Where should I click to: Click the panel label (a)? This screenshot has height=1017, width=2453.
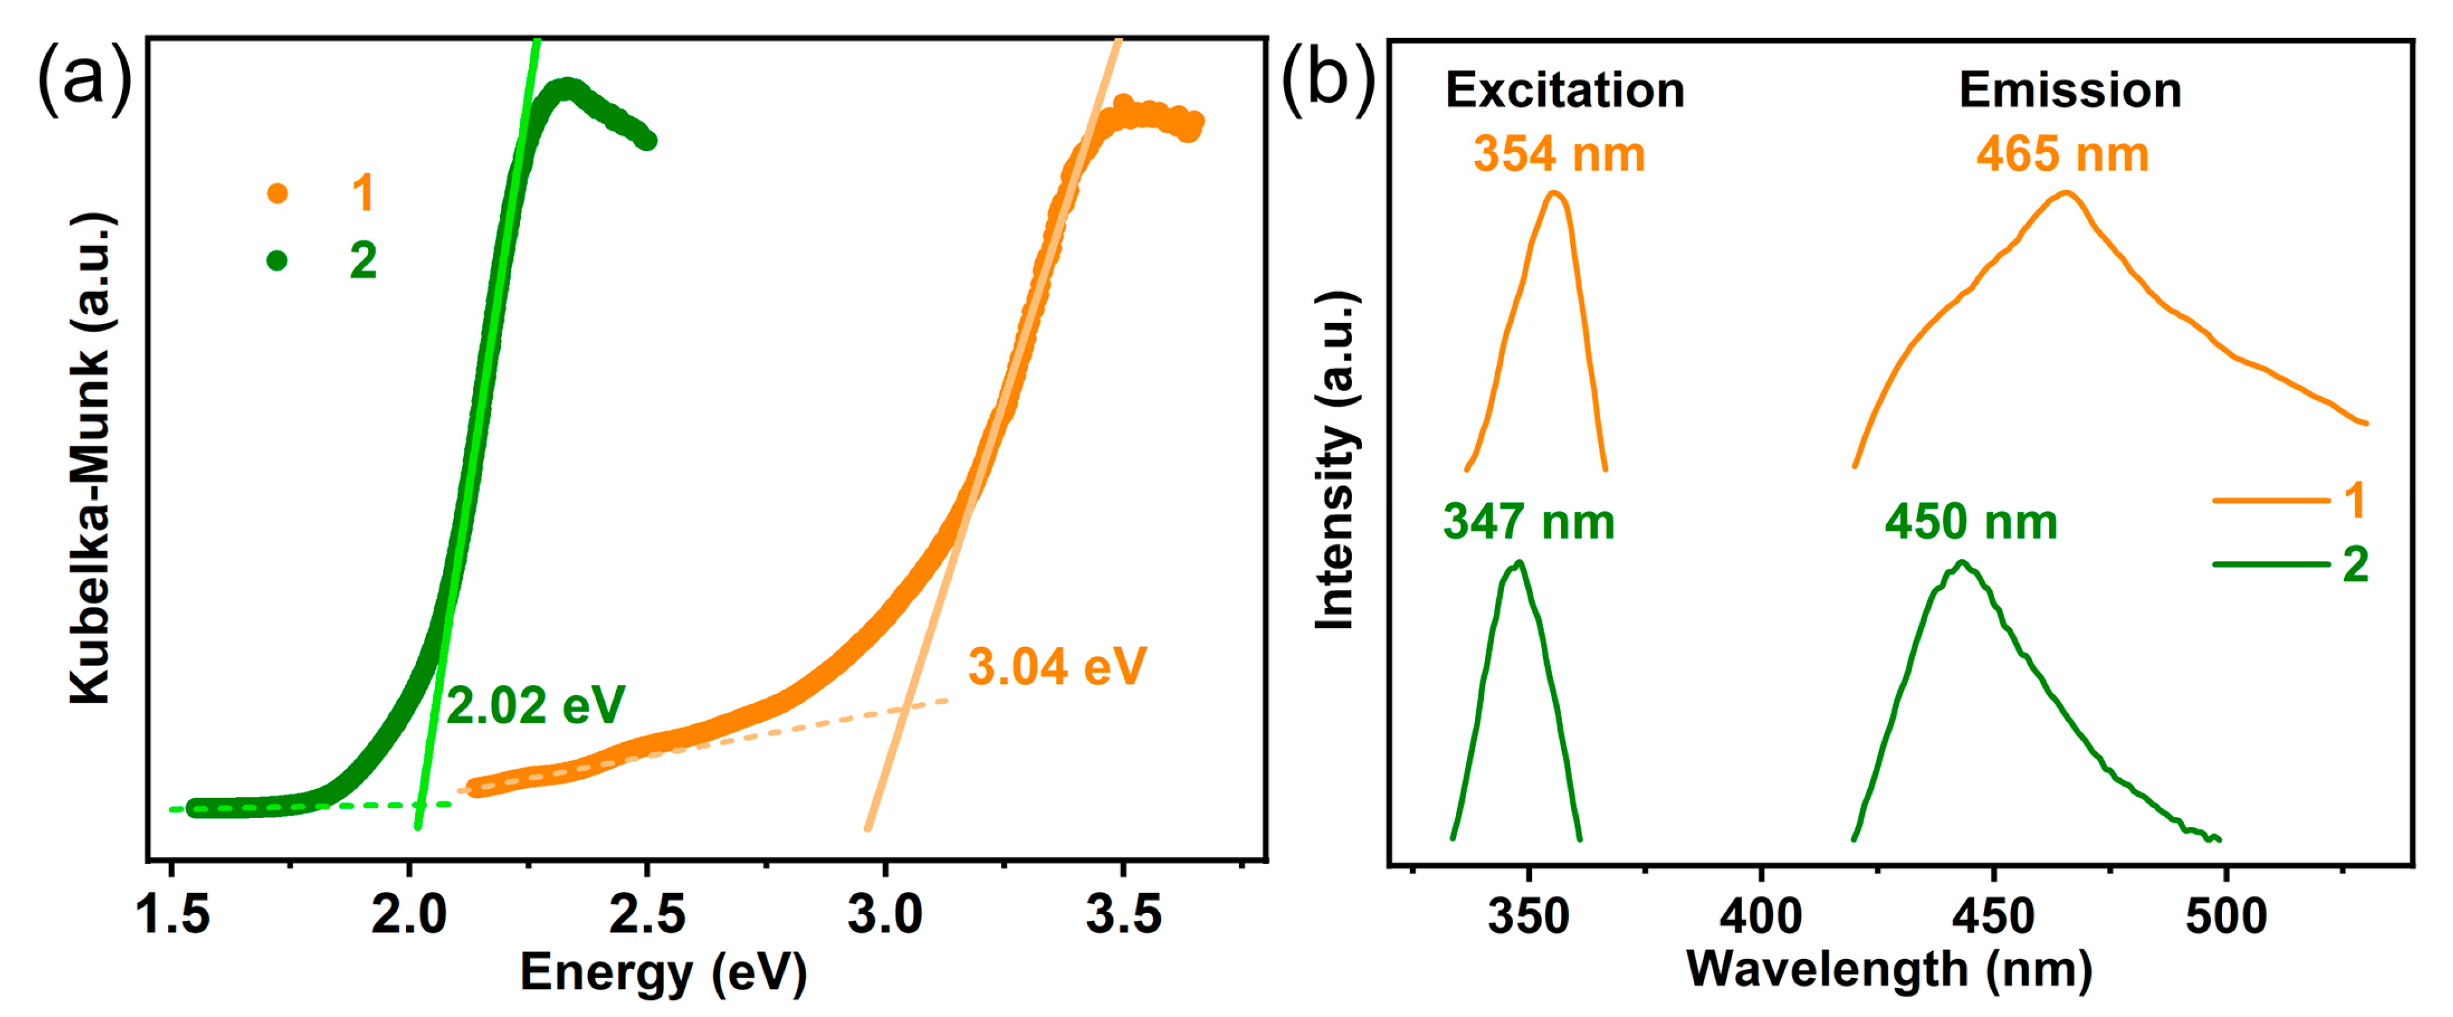(x=84, y=78)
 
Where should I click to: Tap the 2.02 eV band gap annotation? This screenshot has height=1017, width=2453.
(x=535, y=706)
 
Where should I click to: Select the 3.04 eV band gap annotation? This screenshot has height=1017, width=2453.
(x=1057, y=667)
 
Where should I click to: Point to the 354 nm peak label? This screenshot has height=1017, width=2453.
(x=1559, y=154)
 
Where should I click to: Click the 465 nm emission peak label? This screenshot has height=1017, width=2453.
(x=2062, y=154)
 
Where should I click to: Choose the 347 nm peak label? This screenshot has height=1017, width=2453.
(x=1528, y=522)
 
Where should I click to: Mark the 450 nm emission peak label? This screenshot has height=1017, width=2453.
(x=1971, y=522)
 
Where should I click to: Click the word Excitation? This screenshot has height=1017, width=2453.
(x=1565, y=90)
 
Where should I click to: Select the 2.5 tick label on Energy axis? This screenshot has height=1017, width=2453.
(x=648, y=915)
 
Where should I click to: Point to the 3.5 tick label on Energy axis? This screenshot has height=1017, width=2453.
(x=1124, y=915)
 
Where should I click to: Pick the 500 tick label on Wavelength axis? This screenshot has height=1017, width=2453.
(x=2226, y=916)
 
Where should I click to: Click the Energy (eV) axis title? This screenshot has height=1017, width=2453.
(x=663, y=973)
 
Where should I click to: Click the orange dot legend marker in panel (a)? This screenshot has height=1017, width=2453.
(x=277, y=194)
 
